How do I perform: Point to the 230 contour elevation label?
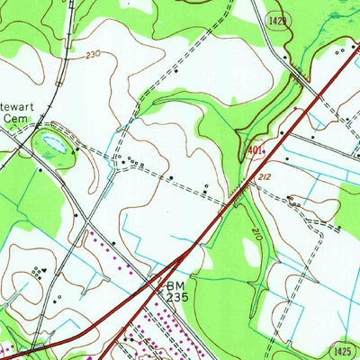coord(92,55)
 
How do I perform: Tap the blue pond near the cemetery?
coord(52,142)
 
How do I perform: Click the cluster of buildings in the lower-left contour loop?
coord(37,270)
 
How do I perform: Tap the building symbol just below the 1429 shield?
coord(284,56)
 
